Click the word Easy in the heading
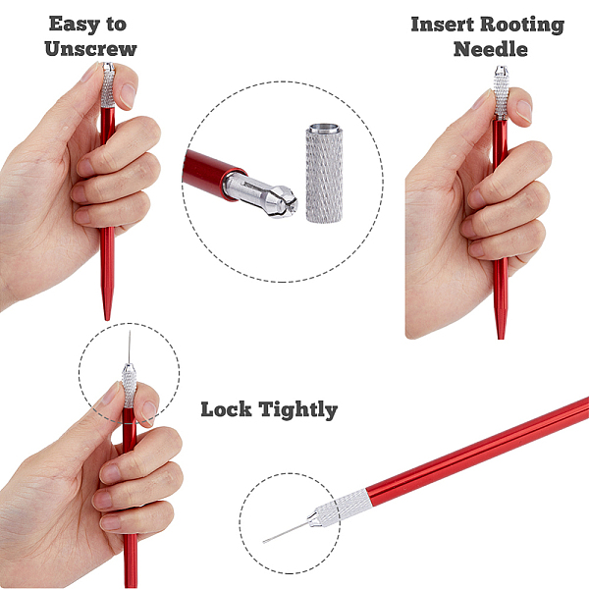tap(75, 24)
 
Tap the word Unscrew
tap(90, 49)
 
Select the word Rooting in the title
tap(522, 25)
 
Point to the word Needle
tap(491, 49)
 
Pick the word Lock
tap(226, 409)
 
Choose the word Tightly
tap(298, 410)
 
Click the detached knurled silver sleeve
tap(324, 173)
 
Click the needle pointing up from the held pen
tap(130, 348)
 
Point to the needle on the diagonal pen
tap(285, 533)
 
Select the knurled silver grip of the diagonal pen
tap(344, 506)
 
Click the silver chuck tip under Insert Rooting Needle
tap(501, 71)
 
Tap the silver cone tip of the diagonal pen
tap(313, 518)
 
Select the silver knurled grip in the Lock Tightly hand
tap(129, 388)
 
